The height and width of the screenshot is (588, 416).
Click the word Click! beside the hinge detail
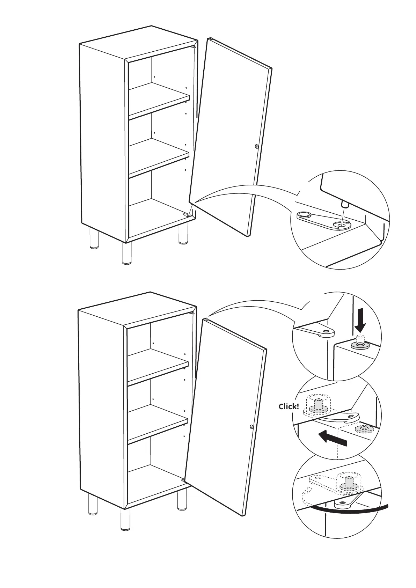(289, 406)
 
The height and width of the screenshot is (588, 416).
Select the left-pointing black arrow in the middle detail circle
(333, 438)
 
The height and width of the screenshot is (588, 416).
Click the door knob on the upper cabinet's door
(257, 147)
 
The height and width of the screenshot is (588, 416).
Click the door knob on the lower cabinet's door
(251, 427)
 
